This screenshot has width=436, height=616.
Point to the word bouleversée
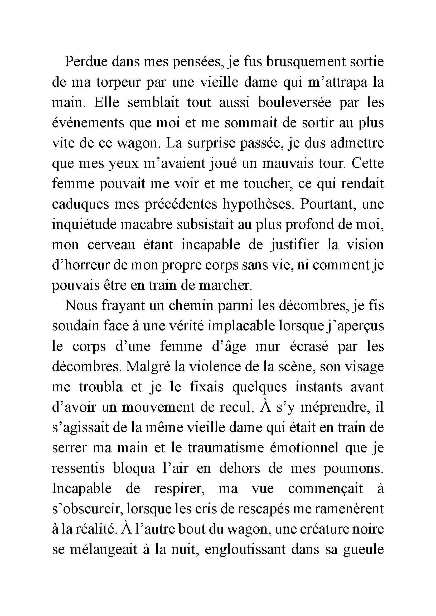point(294,102)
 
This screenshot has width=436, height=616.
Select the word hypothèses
point(258,204)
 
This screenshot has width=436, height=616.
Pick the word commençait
point(325,489)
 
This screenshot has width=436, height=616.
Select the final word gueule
point(363,550)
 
